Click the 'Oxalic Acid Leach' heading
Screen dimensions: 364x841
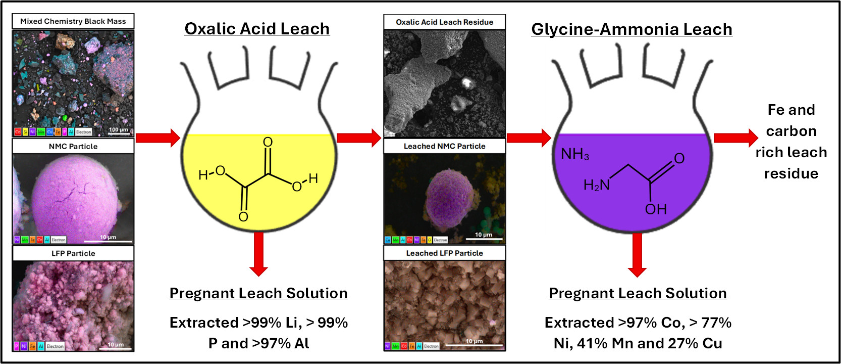point(257,29)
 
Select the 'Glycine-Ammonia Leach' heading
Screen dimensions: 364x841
point(632,29)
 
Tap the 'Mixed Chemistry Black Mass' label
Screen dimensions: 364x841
point(73,21)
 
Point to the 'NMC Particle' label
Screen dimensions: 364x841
point(73,146)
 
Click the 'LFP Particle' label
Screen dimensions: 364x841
point(73,253)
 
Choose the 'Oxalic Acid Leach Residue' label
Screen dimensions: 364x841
point(444,22)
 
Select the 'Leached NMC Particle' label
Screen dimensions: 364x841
point(444,146)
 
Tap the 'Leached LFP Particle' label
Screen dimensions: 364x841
point(444,253)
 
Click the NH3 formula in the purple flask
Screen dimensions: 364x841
point(575,154)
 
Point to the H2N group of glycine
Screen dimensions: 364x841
point(596,186)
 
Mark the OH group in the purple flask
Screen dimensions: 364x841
point(656,209)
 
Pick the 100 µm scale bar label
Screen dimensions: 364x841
point(119,130)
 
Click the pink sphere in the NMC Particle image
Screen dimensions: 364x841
point(76,197)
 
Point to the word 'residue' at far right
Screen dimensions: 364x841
point(791,174)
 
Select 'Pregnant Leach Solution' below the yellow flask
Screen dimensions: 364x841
point(258,293)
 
